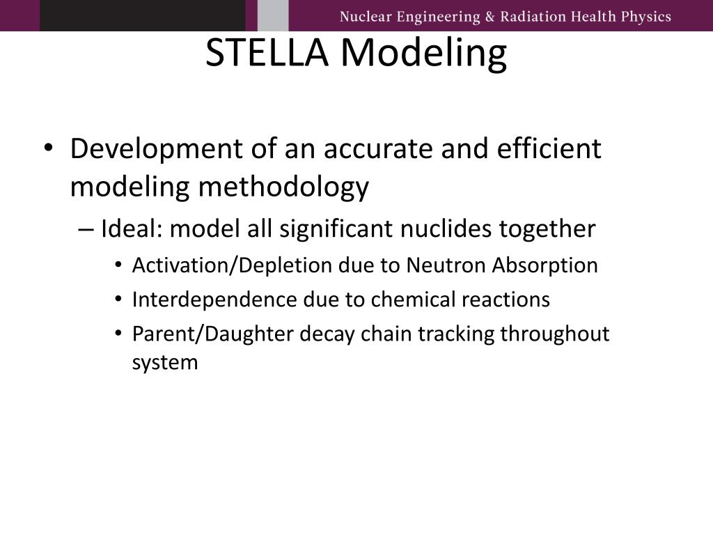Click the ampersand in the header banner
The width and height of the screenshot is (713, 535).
click(x=486, y=17)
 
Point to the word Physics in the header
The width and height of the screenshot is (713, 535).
click(x=645, y=17)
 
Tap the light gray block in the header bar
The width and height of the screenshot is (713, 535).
click(x=272, y=15)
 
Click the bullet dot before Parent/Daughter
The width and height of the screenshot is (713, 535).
click(x=119, y=334)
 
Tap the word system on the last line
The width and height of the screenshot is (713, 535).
click(x=165, y=363)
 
